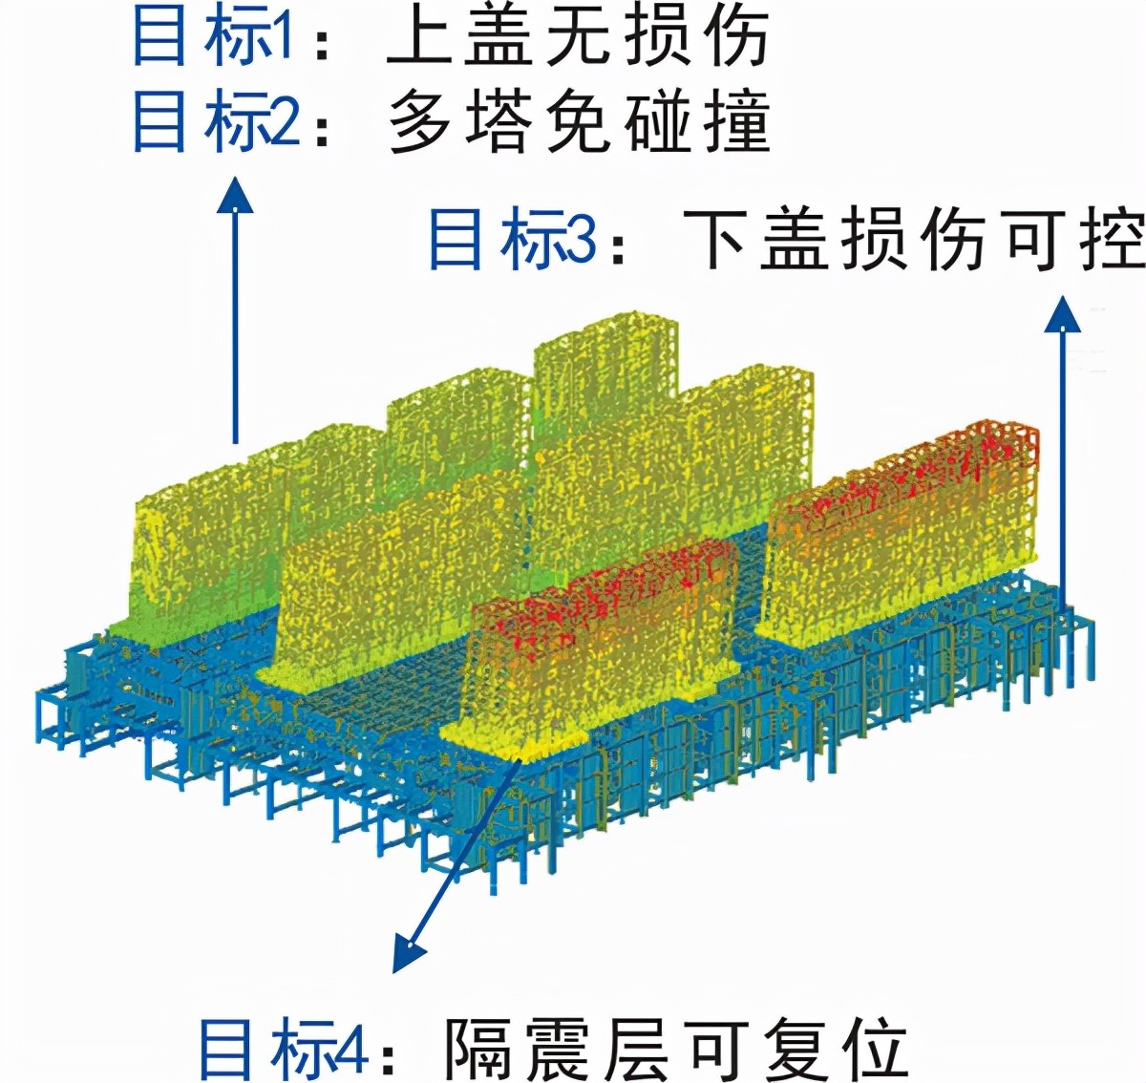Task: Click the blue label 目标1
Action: [212, 38]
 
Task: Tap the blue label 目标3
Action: [511, 239]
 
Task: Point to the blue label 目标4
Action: [283, 1048]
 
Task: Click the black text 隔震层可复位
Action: [674, 1048]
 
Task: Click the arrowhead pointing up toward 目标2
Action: [235, 195]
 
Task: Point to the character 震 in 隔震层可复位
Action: [557, 1048]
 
